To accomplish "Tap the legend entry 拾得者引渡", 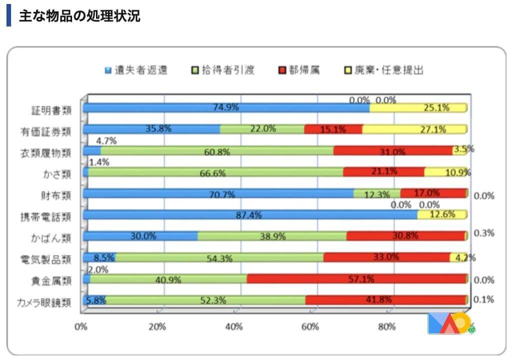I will (223, 70).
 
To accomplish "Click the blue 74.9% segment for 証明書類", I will (226, 107).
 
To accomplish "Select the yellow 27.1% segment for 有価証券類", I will (414, 129).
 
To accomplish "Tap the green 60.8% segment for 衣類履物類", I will (217, 150).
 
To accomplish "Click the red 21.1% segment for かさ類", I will (383, 172).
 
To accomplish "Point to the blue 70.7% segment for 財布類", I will (218, 193).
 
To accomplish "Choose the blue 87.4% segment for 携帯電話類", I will (250, 214).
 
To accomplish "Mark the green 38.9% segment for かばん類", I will (271, 236).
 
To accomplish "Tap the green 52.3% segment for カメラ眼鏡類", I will (205, 300).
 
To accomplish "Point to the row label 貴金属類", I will (51, 280).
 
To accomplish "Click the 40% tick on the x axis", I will (234, 326).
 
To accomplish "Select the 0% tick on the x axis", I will (81, 326).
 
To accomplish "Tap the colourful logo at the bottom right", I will (450, 324).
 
